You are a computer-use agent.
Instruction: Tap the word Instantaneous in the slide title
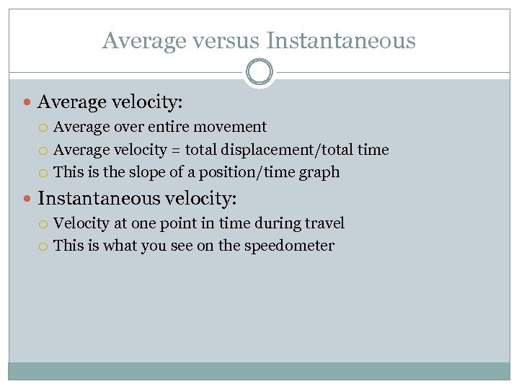341,40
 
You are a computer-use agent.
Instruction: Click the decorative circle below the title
259,72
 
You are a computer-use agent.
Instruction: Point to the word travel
324,223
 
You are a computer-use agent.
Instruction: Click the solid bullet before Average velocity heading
27,103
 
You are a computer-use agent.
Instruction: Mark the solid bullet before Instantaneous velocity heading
27,197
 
